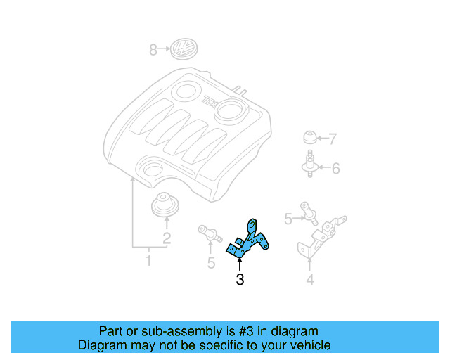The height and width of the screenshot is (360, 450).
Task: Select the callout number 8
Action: tap(153, 50)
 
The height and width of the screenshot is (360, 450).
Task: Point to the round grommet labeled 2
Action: tap(166, 205)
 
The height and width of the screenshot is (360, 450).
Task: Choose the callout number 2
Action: tap(167, 238)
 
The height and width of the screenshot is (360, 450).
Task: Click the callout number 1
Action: tap(148, 262)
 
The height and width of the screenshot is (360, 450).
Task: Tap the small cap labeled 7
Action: tap(309, 136)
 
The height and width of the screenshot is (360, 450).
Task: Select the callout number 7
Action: tap(333, 139)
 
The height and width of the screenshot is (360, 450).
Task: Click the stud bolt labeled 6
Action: tap(309, 165)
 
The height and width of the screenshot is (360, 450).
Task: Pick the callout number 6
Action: tap(335, 168)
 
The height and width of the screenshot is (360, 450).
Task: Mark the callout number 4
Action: tap(309, 282)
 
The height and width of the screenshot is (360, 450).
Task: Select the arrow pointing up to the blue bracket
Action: tap(240, 264)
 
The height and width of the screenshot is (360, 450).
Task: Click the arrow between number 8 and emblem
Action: tap(165, 50)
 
